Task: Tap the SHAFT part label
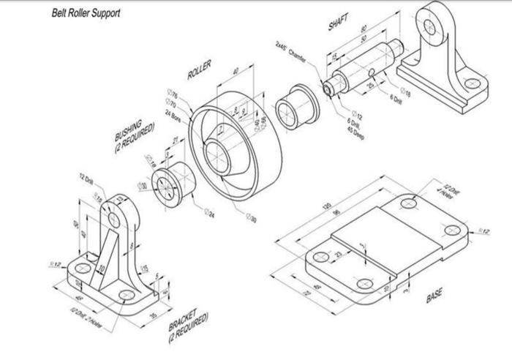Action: [x=339, y=21]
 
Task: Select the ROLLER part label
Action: [x=199, y=70]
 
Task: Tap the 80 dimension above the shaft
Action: [x=364, y=29]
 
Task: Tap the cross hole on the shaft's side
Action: [x=372, y=71]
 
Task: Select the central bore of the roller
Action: [x=220, y=154]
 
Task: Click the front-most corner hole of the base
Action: [x=361, y=285]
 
